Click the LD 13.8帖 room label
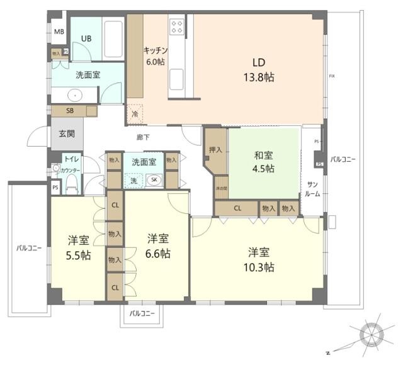click(263, 70)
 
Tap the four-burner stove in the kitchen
click(177, 26)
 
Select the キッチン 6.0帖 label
click(155, 57)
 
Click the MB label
click(59, 31)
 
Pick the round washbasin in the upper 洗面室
click(76, 96)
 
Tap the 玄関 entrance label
click(67, 134)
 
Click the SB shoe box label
click(71, 111)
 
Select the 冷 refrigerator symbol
click(135, 114)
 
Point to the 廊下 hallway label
click(144, 137)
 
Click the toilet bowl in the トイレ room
click(72, 183)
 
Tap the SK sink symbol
click(154, 180)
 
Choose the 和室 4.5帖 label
click(264, 162)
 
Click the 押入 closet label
click(215, 150)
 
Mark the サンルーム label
click(313, 189)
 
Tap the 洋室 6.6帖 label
click(158, 246)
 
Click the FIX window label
click(331, 76)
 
